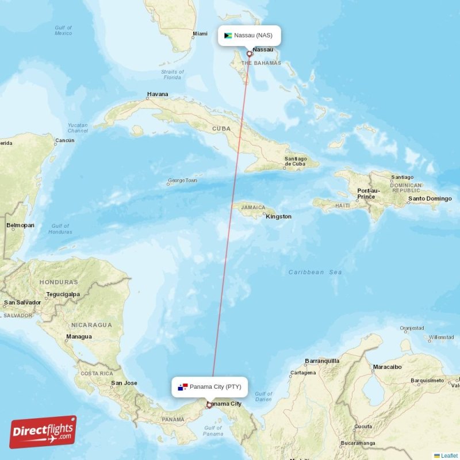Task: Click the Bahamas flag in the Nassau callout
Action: click(x=228, y=36)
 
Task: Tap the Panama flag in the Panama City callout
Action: click(x=182, y=387)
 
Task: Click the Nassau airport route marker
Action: click(x=250, y=55)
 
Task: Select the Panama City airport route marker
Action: click(x=209, y=405)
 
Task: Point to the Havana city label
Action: click(x=158, y=94)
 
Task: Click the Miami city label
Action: click(x=200, y=34)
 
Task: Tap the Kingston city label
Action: click(x=278, y=217)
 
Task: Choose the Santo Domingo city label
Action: click(x=430, y=199)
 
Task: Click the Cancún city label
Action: click(x=64, y=140)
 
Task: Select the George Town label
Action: click(x=182, y=181)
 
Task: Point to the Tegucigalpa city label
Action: click(x=63, y=294)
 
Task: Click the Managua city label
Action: click(x=79, y=336)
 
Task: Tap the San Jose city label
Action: click(x=124, y=383)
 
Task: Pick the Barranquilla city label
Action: click(x=322, y=361)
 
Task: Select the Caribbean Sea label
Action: click(x=315, y=272)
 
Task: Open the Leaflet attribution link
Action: click(x=448, y=455)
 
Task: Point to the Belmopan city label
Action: click(x=20, y=225)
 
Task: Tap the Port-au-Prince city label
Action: click(x=368, y=193)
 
